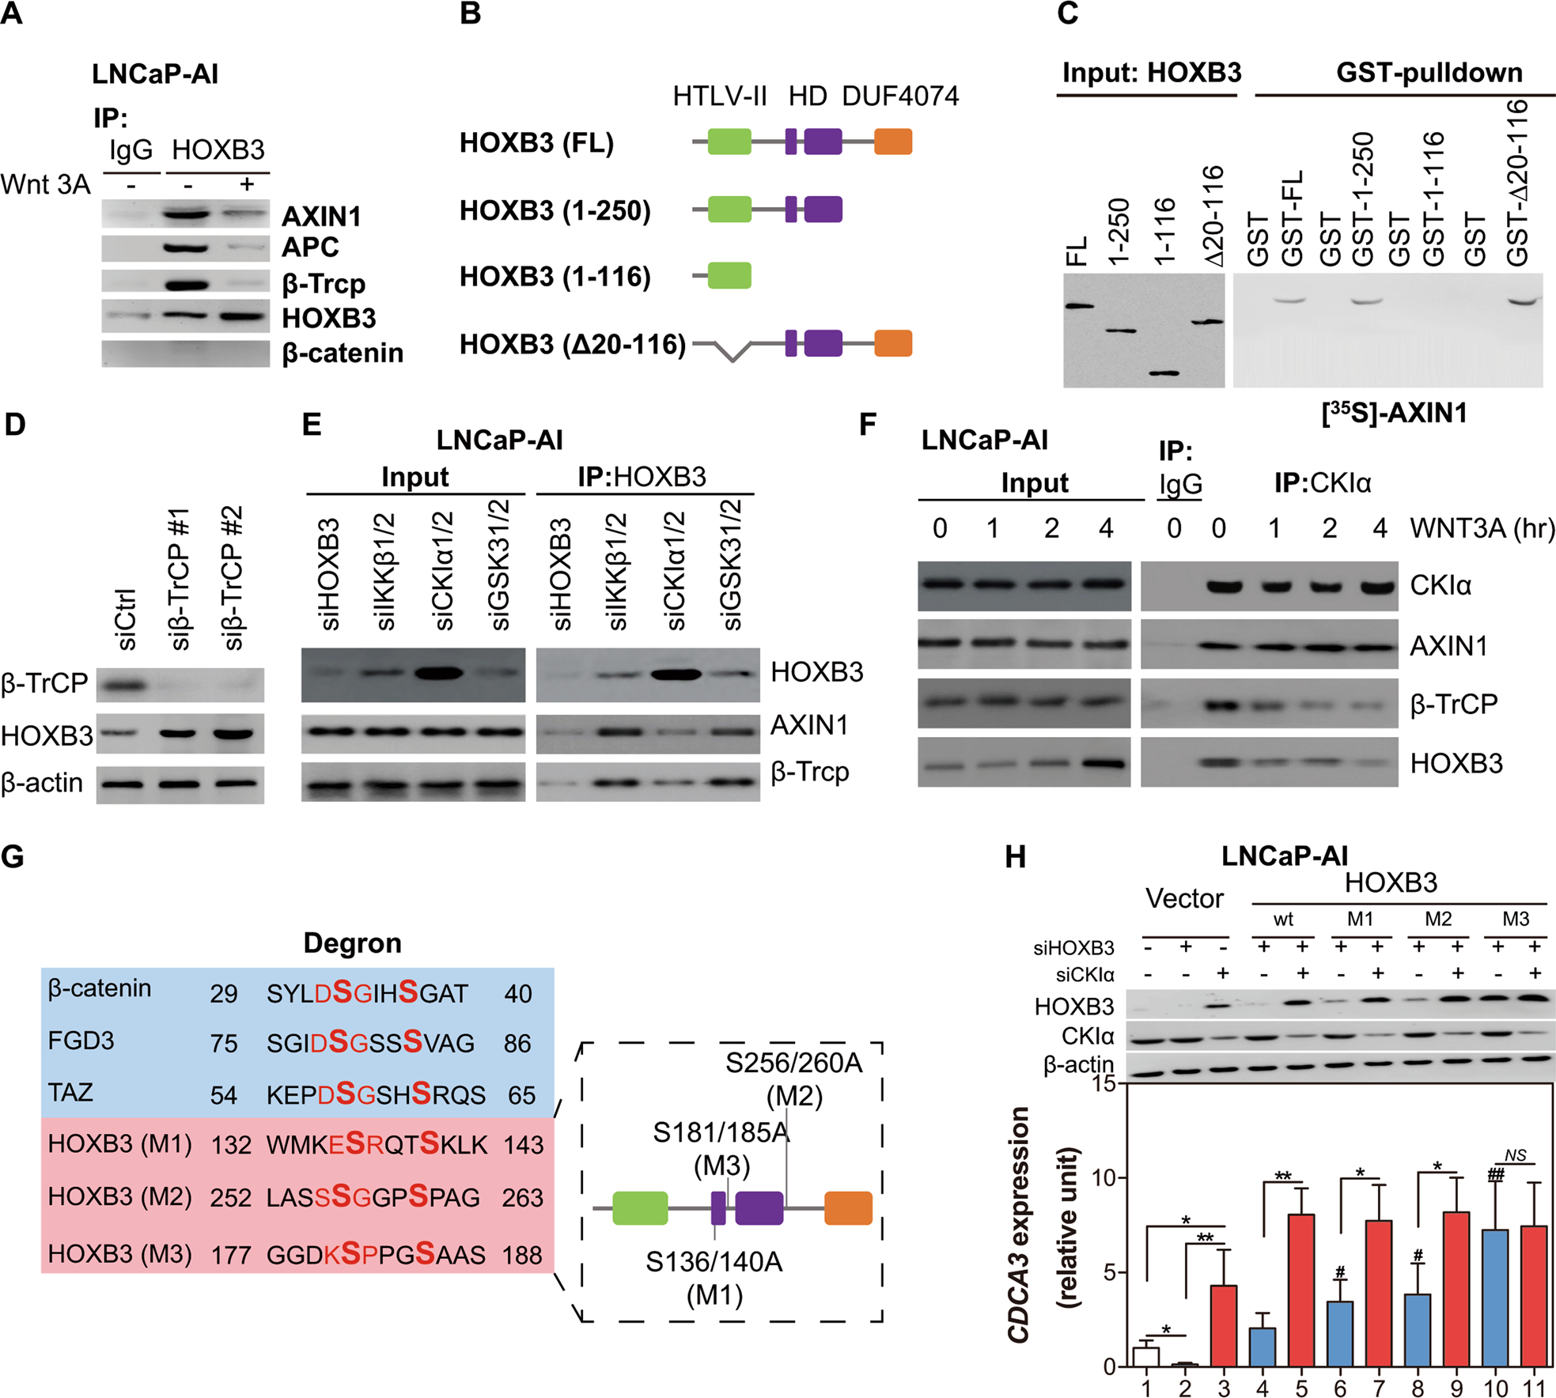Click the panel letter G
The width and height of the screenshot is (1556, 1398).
(x=13, y=856)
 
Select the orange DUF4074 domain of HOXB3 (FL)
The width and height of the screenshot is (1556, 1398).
(x=893, y=142)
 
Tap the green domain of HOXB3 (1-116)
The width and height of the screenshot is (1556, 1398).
(x=729, y=276)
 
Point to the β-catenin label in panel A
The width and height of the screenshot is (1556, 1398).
(x=343, y=353)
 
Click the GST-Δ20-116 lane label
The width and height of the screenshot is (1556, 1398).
(x=1517, y=183)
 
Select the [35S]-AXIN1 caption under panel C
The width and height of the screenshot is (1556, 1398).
(x=1394, y=412)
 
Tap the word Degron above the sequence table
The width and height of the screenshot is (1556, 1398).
(x=352, y=943)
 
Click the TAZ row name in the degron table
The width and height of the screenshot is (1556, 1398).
(x=70, y=1093)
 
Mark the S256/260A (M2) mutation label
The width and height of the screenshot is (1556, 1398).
(x=793, y=1079)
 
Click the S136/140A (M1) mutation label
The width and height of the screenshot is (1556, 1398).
(x=714, y=1278)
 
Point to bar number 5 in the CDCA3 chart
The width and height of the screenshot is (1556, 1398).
(x=1301, y=1290)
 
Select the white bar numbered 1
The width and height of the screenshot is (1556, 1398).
(x=1146, y=1356)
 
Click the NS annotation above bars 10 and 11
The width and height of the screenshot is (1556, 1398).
(x=1515, y=1155)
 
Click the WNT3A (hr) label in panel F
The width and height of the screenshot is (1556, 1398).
(x=1482, y=527)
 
